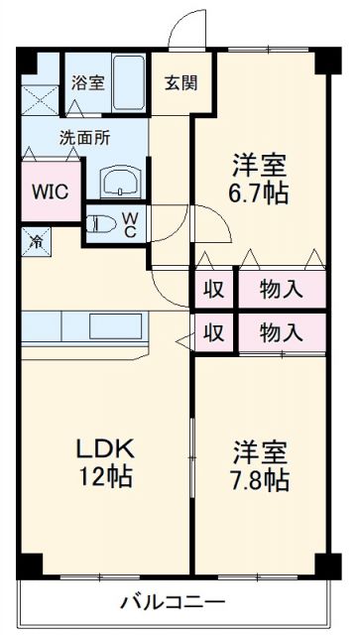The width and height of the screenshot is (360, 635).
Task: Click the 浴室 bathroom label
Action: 88,83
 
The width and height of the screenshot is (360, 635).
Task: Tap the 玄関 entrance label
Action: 180,81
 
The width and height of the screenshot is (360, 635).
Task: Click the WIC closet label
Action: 49,191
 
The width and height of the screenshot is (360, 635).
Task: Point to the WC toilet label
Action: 130,224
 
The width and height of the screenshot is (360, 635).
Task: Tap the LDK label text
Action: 104,446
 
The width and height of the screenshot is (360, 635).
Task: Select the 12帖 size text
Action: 104,475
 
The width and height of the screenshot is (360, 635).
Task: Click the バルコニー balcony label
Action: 174,601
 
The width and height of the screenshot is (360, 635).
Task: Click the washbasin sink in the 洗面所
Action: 121,182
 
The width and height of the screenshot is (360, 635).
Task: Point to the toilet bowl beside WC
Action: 101,224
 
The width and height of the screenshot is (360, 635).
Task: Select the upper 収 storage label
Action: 212,290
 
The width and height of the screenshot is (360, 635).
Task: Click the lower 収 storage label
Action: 212,331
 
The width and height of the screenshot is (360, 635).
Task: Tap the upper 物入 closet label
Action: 281,290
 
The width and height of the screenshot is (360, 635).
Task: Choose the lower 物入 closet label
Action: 281,331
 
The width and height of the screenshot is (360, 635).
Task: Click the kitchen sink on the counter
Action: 117,325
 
